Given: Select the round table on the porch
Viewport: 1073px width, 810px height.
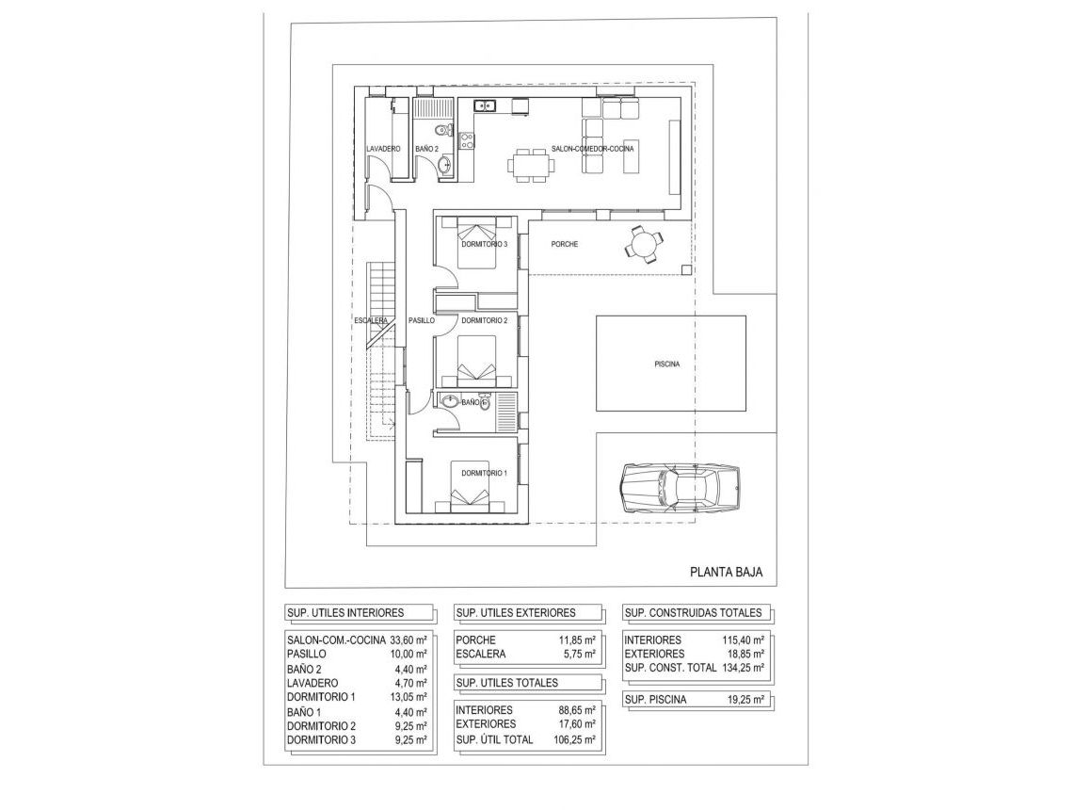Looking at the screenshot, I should click(643, 245).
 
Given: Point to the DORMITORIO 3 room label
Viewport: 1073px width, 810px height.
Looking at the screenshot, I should click(484, 245).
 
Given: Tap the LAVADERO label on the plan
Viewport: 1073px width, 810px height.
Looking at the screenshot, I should click(383, 150).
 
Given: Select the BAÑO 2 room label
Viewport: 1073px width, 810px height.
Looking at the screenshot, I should click(426, 150).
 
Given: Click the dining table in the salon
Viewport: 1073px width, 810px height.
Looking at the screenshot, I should click(530, 164).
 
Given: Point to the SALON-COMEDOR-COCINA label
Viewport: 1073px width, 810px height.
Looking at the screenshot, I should click(593, 150).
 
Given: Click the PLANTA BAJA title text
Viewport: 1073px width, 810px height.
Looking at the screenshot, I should click(726, 571).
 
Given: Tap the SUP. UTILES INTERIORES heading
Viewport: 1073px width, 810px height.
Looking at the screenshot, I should click(344, 612).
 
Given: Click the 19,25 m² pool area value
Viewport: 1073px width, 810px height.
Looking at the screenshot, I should click(743, 700).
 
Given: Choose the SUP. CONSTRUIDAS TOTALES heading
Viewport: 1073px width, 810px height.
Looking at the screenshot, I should click(694, 612).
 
